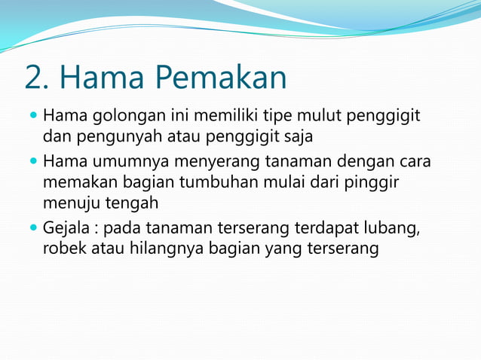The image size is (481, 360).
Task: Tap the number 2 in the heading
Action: pos(33,78)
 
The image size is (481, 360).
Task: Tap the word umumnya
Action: pos(122,162)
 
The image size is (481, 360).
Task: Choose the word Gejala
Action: pos(64,227)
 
